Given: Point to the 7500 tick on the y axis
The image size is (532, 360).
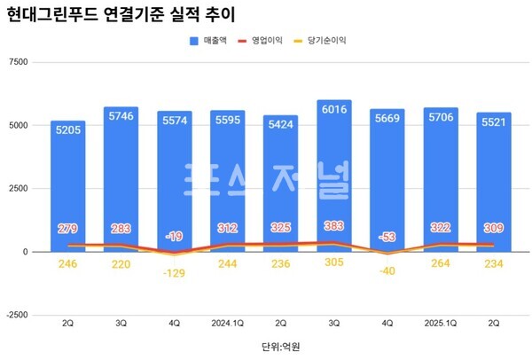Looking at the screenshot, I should tap(17, 62).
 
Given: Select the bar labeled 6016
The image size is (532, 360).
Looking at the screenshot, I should tap(340, 177).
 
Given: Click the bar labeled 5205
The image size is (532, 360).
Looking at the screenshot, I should tap(68, 186).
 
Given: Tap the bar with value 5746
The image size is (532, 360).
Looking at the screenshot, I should tap(121, 177).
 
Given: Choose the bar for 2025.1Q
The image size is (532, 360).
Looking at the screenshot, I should tap(441, 177).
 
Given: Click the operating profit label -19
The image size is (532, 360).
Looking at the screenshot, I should tap(175, 236).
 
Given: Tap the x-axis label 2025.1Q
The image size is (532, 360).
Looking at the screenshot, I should tap(441, 325).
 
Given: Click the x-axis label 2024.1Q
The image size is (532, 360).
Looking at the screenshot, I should tap(228, 325).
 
